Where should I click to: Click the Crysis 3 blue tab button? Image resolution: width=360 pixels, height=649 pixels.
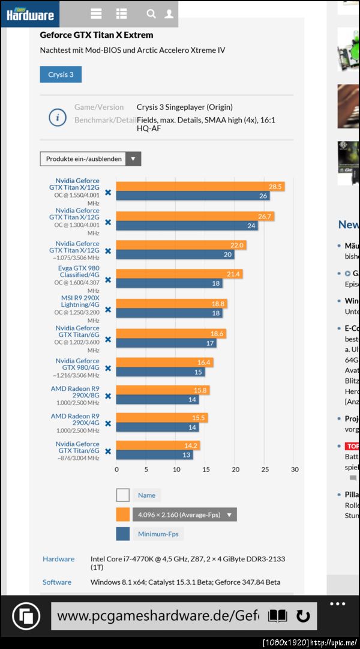pos(61,74)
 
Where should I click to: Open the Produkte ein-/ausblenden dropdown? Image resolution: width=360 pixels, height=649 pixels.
pos(90,159)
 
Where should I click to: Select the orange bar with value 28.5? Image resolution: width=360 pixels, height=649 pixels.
pos(200,187)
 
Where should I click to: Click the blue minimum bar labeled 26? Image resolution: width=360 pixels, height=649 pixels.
pos(193,196)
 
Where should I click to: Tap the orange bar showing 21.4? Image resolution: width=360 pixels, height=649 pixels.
pos(179,274)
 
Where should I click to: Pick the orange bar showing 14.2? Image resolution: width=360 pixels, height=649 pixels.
pos(158,445)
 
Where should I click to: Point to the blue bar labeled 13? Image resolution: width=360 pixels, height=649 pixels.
pos(146,454)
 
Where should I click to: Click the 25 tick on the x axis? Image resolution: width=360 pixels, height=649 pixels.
pos(265,469)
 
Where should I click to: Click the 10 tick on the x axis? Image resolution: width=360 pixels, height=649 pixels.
pos(176,469)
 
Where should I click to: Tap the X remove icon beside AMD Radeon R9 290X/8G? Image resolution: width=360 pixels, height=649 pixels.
pos(108,396)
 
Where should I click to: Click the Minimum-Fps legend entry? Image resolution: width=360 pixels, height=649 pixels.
pos(160,534)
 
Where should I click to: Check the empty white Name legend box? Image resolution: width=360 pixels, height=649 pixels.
pos(123,495)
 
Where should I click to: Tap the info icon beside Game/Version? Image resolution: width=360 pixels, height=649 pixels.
pos(57,118)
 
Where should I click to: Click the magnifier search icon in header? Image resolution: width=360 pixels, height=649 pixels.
pos(151,13)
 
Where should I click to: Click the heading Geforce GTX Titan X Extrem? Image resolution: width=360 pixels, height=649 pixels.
pos(97,35)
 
